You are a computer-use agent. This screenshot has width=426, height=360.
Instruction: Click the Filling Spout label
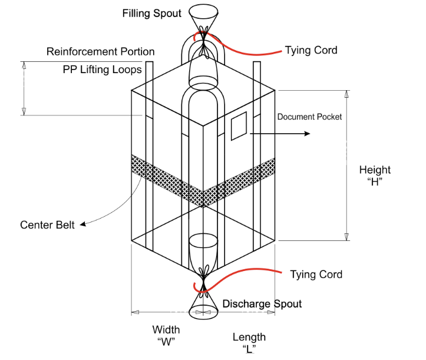[151, 13]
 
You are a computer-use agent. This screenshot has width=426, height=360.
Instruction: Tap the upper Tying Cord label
[311, 50]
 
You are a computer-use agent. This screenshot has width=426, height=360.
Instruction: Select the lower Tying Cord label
[316, 275]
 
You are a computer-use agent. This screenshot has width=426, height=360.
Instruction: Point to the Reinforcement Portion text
[100, 52]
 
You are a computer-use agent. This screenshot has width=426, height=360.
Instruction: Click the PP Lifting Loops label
[103, 70]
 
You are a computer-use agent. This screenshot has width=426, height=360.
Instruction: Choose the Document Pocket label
[309, 117]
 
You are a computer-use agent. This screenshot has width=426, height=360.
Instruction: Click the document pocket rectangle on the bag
[239, 128]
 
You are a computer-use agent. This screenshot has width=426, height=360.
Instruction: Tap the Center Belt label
[47, 225]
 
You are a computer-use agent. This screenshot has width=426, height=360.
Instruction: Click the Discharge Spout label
[262, 304]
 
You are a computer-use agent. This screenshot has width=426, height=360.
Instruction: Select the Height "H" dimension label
[375, 176]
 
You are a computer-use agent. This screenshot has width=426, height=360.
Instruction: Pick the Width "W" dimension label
[166, 335]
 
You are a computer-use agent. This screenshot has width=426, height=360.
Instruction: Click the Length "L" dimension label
[249, 342]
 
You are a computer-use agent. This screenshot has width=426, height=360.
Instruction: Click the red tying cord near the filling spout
[247, 51]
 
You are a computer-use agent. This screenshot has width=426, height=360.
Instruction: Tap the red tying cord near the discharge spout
[247, 270]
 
